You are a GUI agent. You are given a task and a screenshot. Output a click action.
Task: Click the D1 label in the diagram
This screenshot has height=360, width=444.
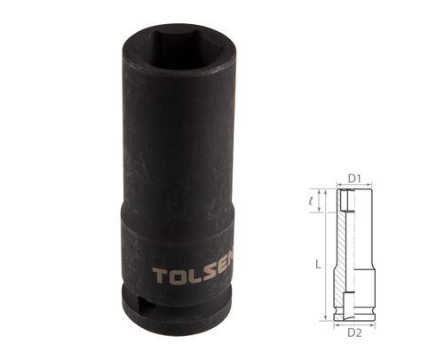pos(353,179)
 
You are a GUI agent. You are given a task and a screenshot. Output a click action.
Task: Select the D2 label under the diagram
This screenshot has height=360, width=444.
pos(353,332)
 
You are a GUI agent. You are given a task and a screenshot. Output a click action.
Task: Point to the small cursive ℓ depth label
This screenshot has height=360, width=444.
pos(309,201)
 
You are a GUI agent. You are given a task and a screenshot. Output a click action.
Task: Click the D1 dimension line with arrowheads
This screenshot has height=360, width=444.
pos(353,187)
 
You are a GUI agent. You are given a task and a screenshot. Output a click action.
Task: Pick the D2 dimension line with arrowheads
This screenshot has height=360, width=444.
pos(353,323)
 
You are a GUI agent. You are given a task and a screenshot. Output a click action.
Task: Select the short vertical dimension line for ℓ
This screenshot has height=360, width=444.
pos(317,202)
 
